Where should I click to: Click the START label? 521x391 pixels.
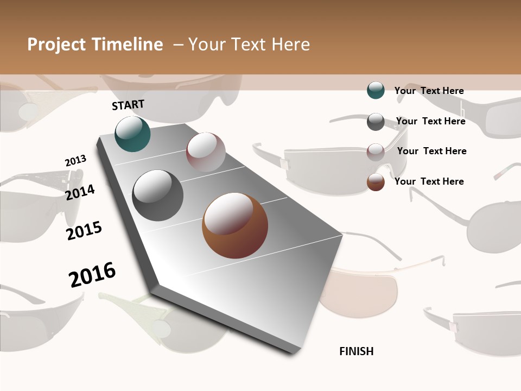[128, 105]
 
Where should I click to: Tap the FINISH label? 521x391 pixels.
[357, 351]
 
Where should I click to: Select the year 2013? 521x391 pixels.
[75, 161]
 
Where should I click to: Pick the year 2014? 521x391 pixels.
[80, 192]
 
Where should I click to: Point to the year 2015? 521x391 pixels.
[84, 231]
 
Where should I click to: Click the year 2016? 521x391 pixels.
[92, 275]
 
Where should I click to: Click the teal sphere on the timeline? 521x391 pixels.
[133, 134]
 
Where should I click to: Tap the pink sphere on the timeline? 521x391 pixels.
[206, 152]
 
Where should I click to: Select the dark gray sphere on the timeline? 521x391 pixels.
[158, 195]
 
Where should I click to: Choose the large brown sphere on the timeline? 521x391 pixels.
[235, 225]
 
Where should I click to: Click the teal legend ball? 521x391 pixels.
[376, 90]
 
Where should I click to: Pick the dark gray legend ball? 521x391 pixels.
[376, 122]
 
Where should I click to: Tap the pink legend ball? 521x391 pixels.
[376, 152]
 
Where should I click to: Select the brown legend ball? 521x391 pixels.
[376, 182]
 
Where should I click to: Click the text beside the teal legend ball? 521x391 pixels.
[429, 91]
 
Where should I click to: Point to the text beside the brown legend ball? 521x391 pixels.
[429, 181]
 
